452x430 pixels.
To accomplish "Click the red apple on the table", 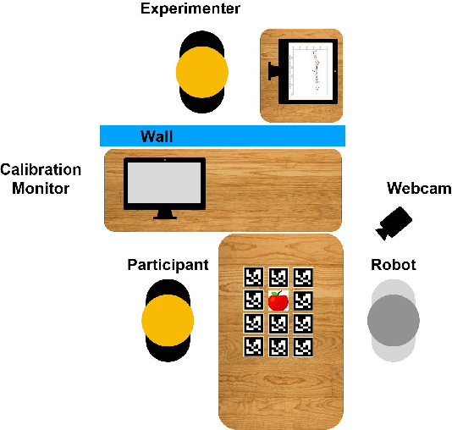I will pyautogui.click(x=278, y=300).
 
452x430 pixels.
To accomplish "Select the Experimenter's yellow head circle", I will pyautogui.click(x=202, y=72).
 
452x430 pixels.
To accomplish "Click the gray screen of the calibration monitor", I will pyautogui.click(x=164, y=184).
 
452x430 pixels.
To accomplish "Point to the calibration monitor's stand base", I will pyautogui.click(x=164, y=217).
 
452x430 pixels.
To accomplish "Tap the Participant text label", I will pyautogui.click(x=168, y=265).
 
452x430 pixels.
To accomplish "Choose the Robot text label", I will pyautogui.click(x=394, y=265).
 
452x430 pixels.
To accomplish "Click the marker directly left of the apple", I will pyautogui.click(x=253, y=300).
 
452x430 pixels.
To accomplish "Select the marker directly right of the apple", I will pyautogui.click(x=302, y=300).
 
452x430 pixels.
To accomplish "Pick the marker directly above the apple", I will pyautogui.click(x=278, y=277).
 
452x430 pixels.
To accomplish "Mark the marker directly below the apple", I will pyautogui.click(x=278, y=323).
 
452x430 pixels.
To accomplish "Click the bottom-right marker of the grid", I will pyautogui.click(x=302, y=346).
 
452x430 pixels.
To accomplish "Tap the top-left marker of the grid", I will pyautogui.click(x=253, y=277).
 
